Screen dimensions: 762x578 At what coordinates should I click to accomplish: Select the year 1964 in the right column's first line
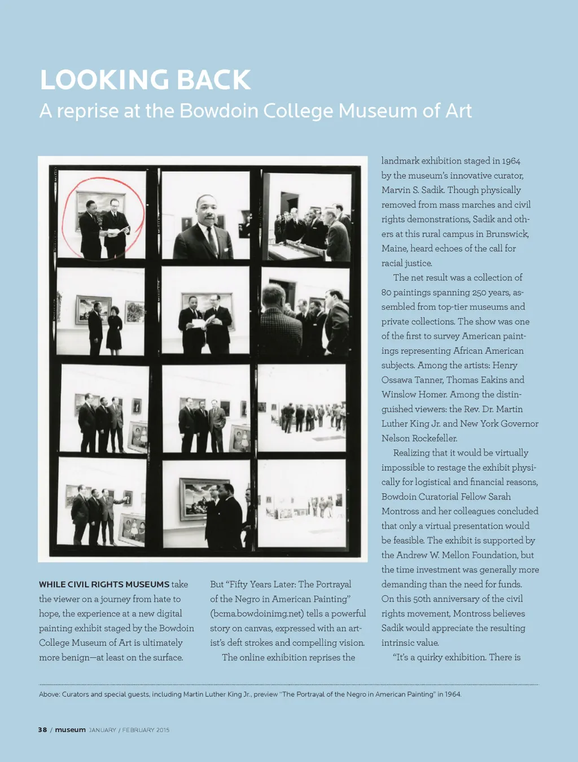point(511,161)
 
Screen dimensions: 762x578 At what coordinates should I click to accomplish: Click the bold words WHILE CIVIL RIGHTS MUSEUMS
point(104,585)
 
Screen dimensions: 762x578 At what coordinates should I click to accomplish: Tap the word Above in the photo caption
point(49,694)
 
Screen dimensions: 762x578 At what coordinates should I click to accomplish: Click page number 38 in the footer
point(42,730)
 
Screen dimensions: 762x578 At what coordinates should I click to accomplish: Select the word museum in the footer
point(70,730)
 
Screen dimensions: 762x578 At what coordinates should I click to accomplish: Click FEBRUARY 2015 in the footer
point(146,730)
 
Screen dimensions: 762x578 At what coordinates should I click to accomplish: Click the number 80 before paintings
point(387,293)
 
